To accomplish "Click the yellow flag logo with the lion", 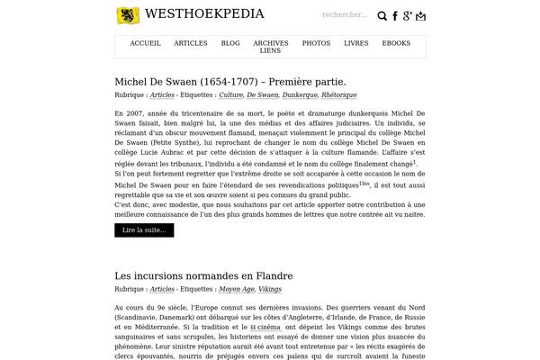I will coord(128,14).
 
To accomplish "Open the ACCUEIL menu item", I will coord(145,43).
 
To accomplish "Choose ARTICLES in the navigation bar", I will coord(191,43).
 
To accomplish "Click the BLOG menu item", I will coord(230,43).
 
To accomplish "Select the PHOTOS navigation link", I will coord(316,43).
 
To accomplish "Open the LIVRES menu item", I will coord(355,43).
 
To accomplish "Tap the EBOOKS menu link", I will coord(396,43).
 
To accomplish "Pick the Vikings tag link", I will coord(270,290).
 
